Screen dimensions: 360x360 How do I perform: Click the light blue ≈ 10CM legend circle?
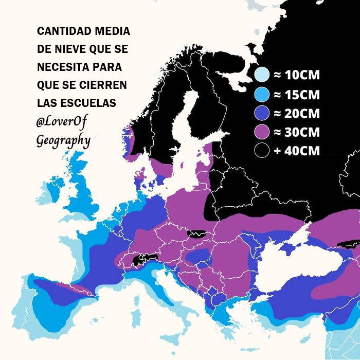[x=262, y=75]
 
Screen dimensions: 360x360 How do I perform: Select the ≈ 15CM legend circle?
[x=262, y=94]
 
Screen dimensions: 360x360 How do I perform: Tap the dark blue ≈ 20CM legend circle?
[x=262, y=113]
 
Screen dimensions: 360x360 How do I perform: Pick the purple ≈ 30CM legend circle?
[x=262, y=132]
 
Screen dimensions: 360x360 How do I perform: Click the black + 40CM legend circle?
[x=262, y=151]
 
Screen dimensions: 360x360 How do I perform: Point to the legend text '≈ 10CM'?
[x=296, y=75]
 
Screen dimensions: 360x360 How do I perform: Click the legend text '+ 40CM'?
[x=296, y=151]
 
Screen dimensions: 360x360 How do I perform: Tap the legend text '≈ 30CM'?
[x=296, y=132]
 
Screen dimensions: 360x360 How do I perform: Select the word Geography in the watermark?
[x=63, y=140]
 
